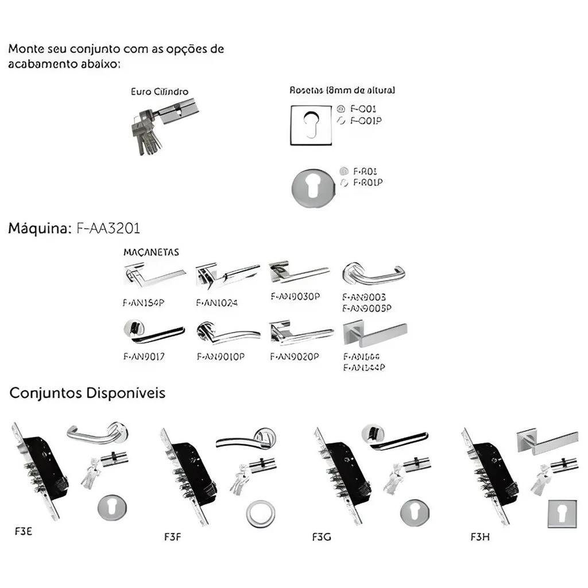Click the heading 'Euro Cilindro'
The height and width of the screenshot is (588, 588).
[x=159, y=91]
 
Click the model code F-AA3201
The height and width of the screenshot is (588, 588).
[x=108, y=229]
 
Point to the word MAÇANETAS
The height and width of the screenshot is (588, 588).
[x=151, y=252]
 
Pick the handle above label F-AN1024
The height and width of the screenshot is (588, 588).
[x=227, y=275]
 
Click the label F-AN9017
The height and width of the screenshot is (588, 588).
[x=144, y=357]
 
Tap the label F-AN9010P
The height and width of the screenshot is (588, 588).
[x=220, y=357]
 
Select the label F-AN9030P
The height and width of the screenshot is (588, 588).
[x=295, y=296]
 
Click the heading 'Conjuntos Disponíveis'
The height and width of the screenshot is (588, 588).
[x=88, y=393]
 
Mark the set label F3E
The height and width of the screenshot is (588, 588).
[x=23, y=531]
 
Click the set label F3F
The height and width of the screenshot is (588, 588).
[x=173, y=538]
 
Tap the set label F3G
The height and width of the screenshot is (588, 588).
[x=322, y=538]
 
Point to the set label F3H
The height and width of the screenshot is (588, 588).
[x=479, y=538]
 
